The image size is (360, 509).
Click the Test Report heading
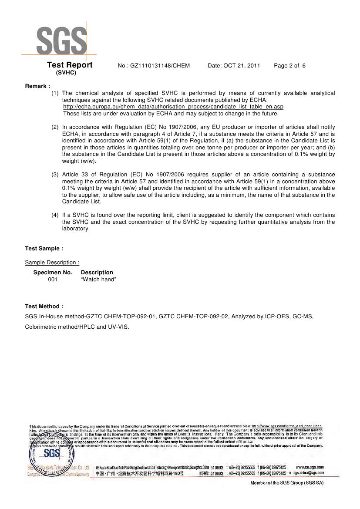point(70,65)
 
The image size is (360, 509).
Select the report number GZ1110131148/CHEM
point(154,66)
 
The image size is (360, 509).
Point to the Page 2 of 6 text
point(289,66)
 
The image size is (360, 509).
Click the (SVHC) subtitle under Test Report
point(66,73)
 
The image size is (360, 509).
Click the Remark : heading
point(37,86)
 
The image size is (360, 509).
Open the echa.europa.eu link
point(173,107)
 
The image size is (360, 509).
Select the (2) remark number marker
point(55,127)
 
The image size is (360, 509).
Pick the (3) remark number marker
point(55,175)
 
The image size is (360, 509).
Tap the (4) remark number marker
point(55,215)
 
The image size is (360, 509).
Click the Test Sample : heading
point(44,249)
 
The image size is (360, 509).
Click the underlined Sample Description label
point(52,263)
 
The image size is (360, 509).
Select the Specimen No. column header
point(53,273)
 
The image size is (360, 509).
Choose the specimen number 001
point(53,280)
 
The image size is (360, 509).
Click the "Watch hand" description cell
point(98,280)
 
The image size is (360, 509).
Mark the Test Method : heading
point(44,307)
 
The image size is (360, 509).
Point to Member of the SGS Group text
point(287,482)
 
